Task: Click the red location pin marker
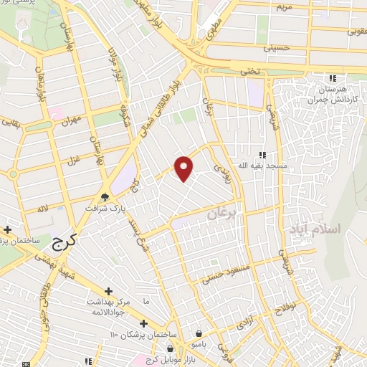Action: [184, 168]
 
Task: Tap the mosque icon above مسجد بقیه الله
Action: [262, 154]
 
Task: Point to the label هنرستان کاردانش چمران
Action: [331, 95]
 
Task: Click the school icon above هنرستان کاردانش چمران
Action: [331, 78]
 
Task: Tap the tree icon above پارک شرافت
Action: [105, 196]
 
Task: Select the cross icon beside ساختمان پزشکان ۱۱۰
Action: [144, 324]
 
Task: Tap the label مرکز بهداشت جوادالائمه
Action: [108, 306]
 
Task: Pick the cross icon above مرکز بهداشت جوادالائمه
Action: [108, 291]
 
